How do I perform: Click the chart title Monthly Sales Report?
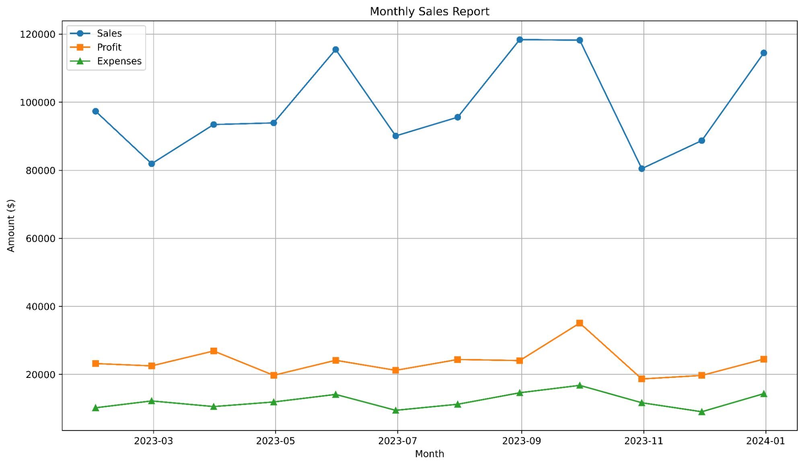pos(429,11)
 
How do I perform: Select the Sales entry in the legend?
pos(109,33)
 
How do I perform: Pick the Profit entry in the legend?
pos(109,47)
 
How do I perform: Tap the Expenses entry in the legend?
pos(119,61)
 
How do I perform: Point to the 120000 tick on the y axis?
pos(37,34)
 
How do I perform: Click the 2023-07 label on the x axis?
pos(397,441)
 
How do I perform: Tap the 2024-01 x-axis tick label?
pos(765,441)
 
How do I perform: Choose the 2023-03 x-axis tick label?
pos(153,441)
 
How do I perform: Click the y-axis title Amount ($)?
pos(11,225)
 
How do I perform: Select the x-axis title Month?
pos(429,454)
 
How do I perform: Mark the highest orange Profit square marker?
pos(579,323)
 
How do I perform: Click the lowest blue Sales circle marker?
pos(642,169)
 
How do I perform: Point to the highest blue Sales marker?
pos(520,39)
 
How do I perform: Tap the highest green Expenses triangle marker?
pos(579,386)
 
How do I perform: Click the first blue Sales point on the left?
pos(95,111)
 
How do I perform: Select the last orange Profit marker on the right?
pos(763,359)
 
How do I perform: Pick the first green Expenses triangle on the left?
pos(95,408)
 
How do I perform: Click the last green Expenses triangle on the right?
pos(763,394)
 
